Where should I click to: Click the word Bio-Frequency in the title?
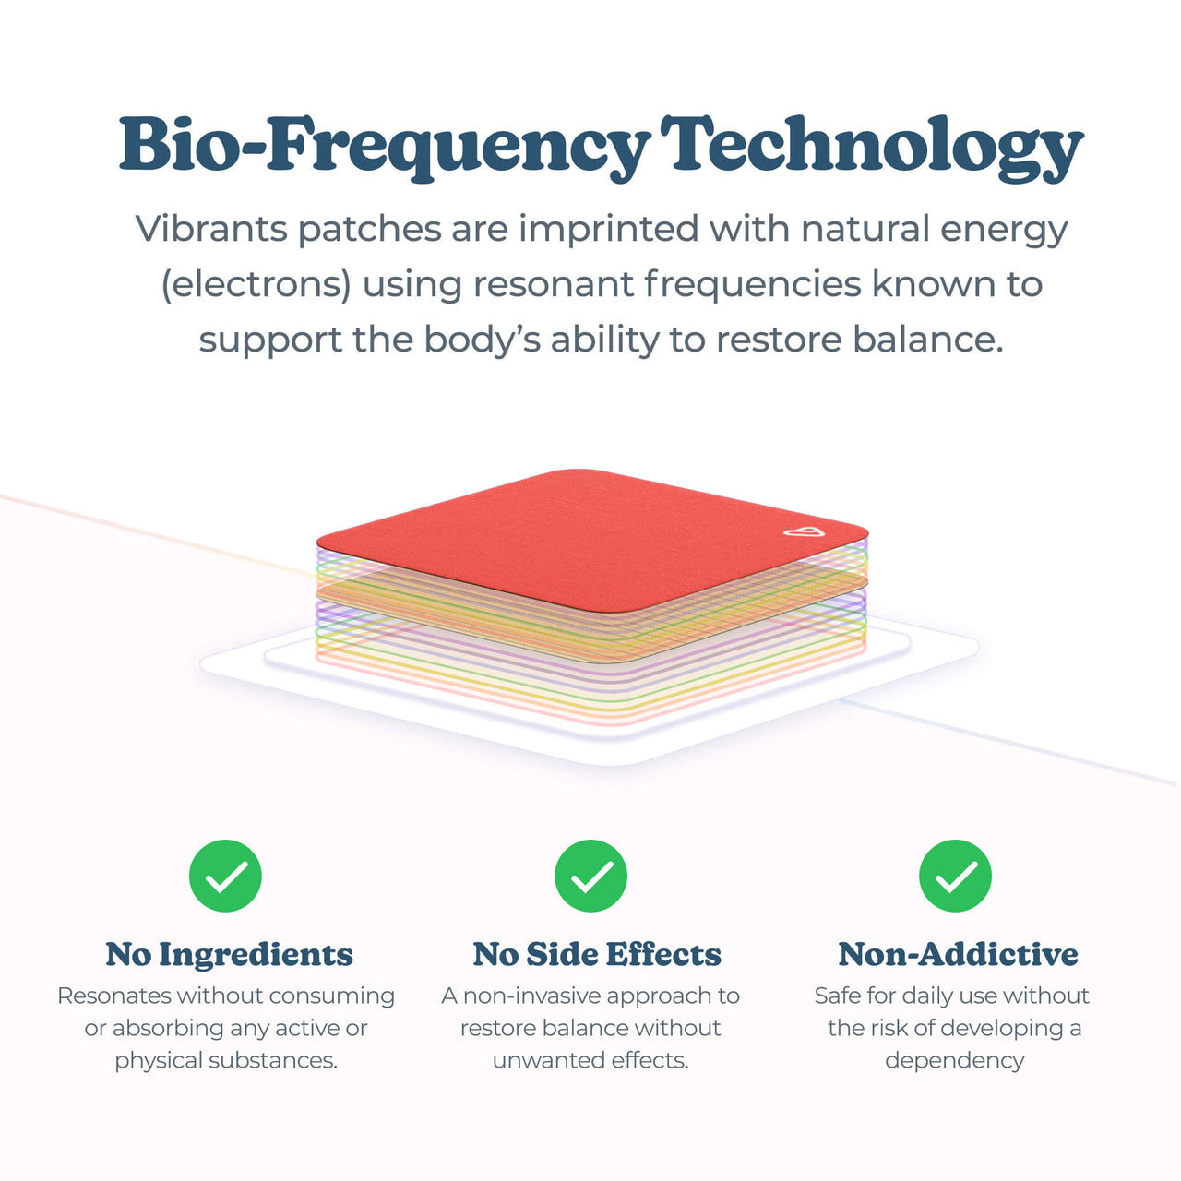click(384, 146)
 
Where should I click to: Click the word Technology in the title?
click(872, 146)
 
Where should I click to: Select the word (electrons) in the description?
click(256, 284)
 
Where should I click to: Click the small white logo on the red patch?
click(802, 531)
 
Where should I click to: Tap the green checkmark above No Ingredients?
click(225, 876)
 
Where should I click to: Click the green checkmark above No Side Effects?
click(590, 876)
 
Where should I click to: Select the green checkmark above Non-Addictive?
click(955, 876)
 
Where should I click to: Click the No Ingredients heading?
click(229, 954)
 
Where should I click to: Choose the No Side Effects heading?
click(597, 954)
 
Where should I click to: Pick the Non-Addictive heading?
click(958, 954)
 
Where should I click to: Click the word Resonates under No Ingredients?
click(113, 996)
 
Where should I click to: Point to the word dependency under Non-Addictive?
click(954, 1061)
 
